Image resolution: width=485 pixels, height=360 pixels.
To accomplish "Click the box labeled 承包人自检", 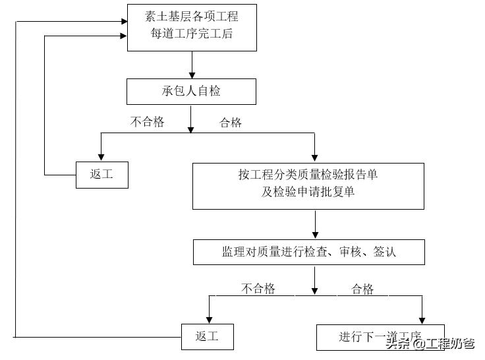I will tap(191, 92).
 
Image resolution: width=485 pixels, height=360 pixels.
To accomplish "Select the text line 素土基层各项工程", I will tap(191, 17).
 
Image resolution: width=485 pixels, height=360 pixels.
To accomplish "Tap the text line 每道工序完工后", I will tap(191, 34).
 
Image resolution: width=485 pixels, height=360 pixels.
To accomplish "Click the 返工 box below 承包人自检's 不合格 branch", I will tap(101, 175).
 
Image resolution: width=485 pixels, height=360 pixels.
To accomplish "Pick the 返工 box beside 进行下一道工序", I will tap(207, 337).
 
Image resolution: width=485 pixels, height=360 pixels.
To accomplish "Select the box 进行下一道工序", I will tap(380, 337).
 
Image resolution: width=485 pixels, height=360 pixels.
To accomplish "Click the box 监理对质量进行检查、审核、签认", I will tap(308, 252).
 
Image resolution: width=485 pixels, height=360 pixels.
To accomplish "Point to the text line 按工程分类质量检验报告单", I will tap(308, 175).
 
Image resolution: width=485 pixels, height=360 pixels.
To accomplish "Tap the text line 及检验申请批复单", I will tap(308, 193).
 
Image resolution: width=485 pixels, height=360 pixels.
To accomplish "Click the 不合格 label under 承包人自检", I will tap(147, 122).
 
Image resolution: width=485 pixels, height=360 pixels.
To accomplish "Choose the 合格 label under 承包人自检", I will tap(231, 123).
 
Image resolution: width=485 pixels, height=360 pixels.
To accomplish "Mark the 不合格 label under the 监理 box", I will tap(258, 288).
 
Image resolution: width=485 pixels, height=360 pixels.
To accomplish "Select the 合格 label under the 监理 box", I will tap(362, 289).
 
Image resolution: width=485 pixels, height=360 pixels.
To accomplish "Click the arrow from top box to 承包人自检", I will tap(192, 65).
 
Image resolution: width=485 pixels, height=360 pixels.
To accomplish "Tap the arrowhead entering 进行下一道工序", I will tap(420, 320).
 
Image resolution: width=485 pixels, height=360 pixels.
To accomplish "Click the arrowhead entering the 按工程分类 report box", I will tap(314, 159).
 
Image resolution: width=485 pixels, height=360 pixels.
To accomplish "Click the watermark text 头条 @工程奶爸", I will tap(430, 344).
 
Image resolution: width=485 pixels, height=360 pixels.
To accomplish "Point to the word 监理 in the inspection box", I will tap(233, 252).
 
